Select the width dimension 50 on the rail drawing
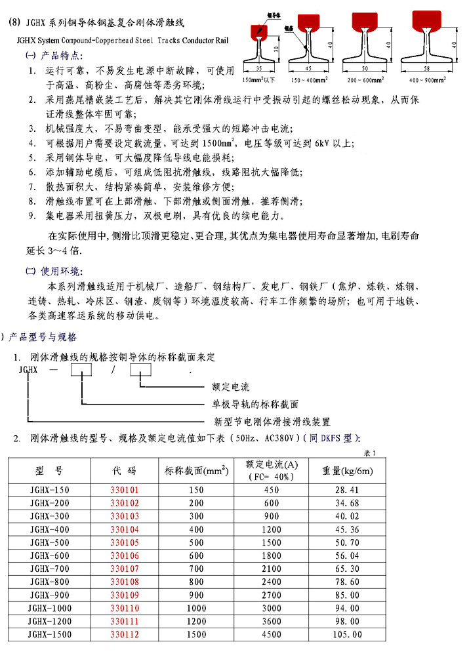coord(366,67)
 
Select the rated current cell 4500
coord(271,634)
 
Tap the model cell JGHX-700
coord(50,568)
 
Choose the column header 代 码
coord(124,470)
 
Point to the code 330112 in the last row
coord(124,634)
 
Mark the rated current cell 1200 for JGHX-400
coord(271,529)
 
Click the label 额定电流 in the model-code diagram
coord(231,388)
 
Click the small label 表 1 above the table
coord(371,453)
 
